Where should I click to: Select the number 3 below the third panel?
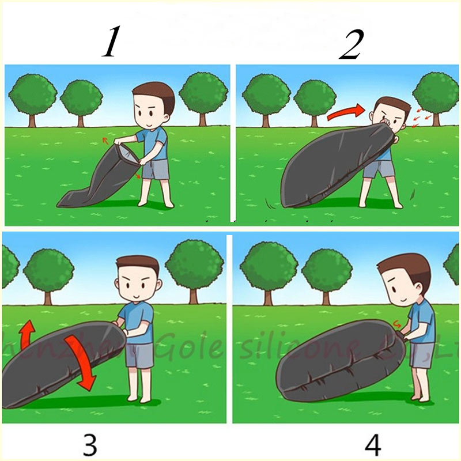point(90,445)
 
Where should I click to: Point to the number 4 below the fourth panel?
point(373,445)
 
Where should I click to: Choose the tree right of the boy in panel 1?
point(203,95)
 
